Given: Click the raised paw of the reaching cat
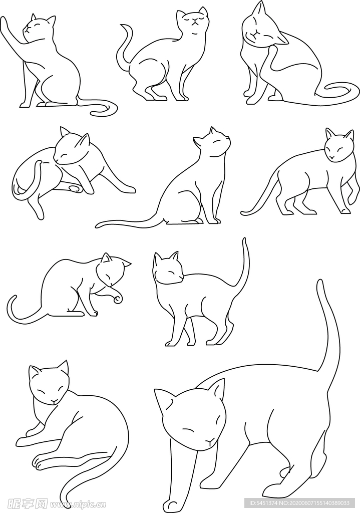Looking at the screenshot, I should click(5, 22).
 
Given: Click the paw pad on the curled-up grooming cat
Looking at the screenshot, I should click(75, 189).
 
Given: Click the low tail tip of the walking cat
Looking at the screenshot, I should click(244, 213).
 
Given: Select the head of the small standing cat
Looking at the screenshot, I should click(168, 271).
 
